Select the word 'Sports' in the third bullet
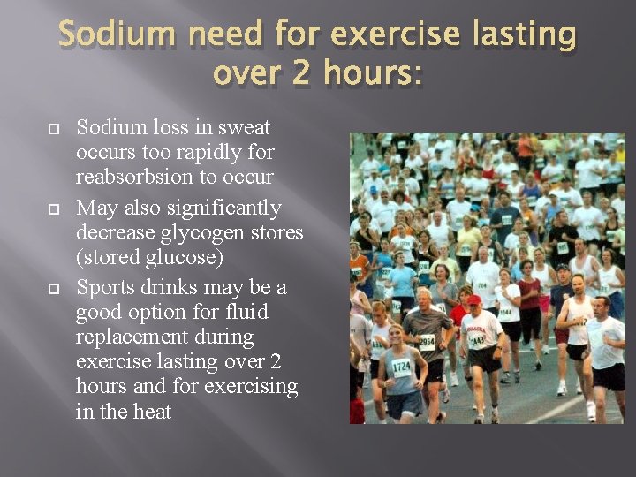tap(106, 288)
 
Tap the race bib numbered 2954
tap(428, 343)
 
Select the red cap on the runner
tap(475, 300)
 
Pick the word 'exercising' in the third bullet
tap(252, 386)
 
